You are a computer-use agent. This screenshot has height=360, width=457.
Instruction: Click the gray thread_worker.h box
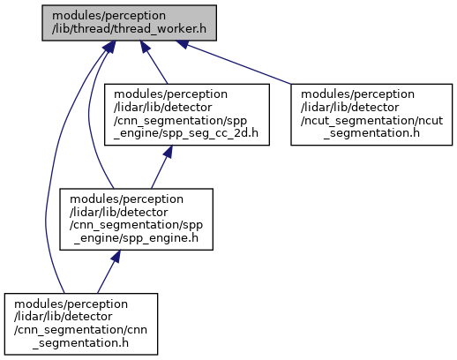(129, 23)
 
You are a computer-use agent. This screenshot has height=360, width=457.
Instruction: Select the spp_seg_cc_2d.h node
(187, 115)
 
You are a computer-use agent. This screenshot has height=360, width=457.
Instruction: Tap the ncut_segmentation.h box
(371, 115)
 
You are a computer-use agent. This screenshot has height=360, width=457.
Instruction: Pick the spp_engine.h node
(136, 220)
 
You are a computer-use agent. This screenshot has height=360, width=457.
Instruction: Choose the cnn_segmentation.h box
(81, 324)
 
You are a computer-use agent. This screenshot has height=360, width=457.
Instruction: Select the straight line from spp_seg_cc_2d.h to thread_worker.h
(154, 63)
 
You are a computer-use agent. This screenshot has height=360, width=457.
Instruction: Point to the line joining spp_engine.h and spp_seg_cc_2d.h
(160, 167)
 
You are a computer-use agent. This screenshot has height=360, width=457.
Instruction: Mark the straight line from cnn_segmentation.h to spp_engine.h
(109, 272)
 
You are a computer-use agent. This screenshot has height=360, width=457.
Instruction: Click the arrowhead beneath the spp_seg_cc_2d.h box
(168, 151)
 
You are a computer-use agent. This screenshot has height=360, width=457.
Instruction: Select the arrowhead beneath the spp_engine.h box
(116, 256)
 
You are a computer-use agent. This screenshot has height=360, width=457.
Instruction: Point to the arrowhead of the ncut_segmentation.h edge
(182, 43)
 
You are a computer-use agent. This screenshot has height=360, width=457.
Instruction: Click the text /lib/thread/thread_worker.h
(129, 29)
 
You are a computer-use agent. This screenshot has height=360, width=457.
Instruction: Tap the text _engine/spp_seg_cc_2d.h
(186, 133)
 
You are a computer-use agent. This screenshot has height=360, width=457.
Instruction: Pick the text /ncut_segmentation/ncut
(371, 121)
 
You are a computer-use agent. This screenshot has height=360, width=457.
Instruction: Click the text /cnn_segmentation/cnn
(80, 330)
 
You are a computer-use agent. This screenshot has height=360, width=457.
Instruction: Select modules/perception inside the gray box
(109, 16)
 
